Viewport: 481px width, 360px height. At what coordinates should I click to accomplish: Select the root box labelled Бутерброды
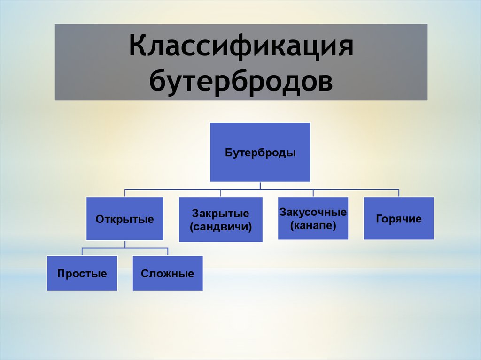[260, 152]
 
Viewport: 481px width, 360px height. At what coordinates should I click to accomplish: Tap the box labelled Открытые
[124, 219]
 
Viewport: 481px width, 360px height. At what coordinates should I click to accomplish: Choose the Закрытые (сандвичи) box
[220, 220]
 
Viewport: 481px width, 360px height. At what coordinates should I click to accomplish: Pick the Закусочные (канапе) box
[313, 219]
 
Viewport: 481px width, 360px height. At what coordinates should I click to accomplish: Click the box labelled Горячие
[398, 219]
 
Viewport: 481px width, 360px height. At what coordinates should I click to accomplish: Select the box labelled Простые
[82, 273]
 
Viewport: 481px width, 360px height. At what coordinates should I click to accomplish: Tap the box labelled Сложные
[167, 273]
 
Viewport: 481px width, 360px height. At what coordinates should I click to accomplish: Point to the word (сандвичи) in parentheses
[220, 227]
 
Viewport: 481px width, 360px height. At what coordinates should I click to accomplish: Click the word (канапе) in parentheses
[313, 225]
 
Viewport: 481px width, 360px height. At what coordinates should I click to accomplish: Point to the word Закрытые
[220, 214]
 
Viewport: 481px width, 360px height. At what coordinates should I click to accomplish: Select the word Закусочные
[313, 212]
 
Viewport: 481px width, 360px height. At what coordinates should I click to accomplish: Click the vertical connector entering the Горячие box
[399, 193]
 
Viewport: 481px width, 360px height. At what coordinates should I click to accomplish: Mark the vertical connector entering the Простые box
[82, 251]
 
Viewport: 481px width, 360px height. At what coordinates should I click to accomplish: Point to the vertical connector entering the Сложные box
[168, 251]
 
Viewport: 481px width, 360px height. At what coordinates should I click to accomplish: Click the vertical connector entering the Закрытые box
[221, 193]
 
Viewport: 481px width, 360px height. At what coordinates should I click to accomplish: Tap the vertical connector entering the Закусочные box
[313, 193]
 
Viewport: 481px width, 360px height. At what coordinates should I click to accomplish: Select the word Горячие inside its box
[398, 219]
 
